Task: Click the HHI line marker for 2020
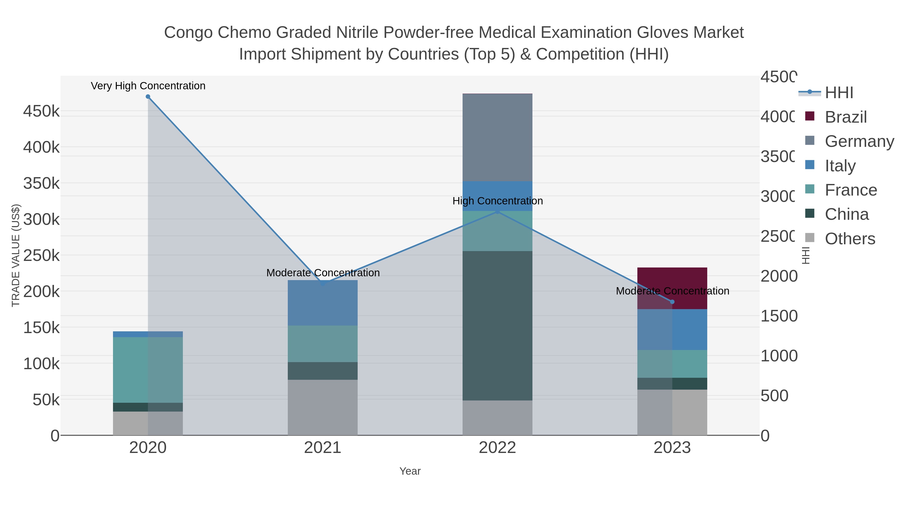(148, 97)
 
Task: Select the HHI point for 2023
(672, 302)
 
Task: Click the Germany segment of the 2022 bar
(497, 138)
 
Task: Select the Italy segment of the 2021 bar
(323, 303)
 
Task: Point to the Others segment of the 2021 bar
(323, 407)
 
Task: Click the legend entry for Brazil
(845, 117)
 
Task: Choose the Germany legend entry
(859, 141)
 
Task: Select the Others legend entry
(849, 238)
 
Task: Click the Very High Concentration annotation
(148, 86)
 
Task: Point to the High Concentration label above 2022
(497, 201)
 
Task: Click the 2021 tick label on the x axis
(323, 448)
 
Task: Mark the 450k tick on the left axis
(41, 112)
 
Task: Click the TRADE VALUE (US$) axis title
(16, 255)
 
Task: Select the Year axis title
(410, 471)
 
